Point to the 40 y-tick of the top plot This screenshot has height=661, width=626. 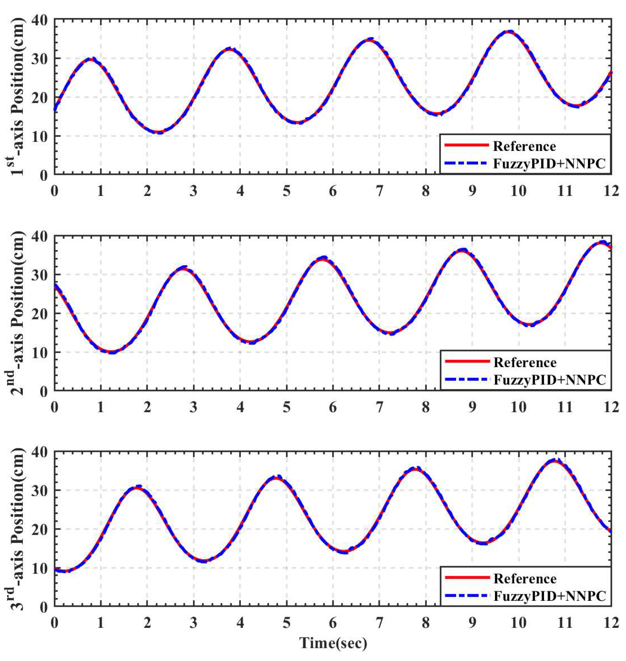coord(40,20)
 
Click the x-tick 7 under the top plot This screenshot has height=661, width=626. coord(379,192)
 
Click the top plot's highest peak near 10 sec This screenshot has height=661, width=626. coord(509,32)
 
